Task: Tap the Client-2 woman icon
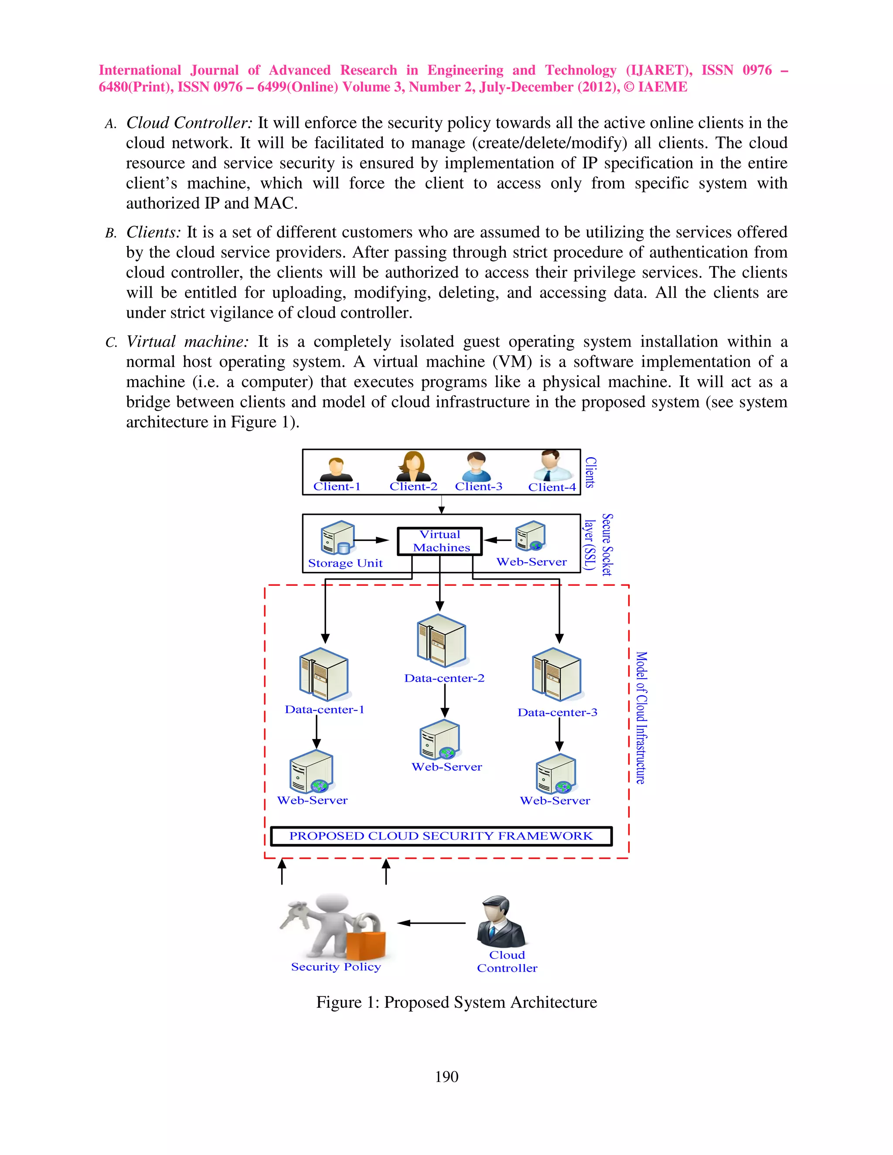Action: (413, 466)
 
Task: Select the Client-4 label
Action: (552, 487)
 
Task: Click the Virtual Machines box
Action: (440, 541)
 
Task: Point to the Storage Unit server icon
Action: (337, 538)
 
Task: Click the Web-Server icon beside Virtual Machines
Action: (530, 536)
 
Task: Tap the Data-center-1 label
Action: (324, 709)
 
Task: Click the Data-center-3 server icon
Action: (556, 674)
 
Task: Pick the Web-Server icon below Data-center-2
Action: (440, 739)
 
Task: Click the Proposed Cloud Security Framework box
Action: (441, 836)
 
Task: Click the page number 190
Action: (446, 1077)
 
